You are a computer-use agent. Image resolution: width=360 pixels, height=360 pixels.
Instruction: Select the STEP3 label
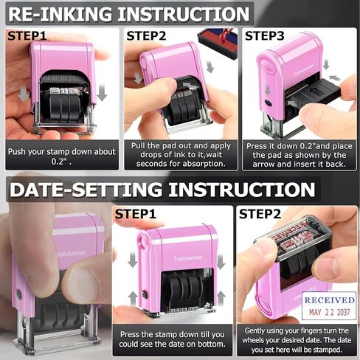coord(264,35)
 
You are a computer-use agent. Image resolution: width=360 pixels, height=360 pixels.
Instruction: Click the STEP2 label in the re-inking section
coord(146,35)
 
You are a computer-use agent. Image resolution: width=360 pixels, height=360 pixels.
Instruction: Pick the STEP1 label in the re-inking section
coord(27,35)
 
